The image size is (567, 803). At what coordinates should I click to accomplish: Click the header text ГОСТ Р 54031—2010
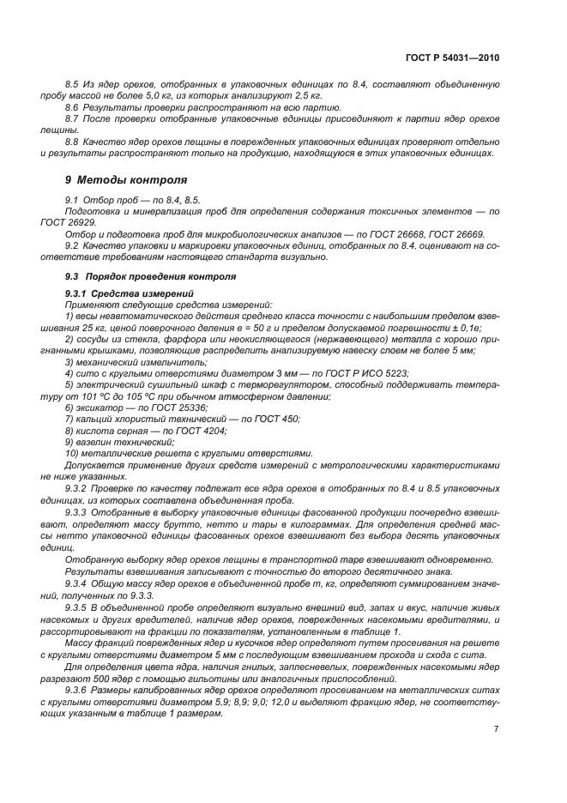[x=452, y=57]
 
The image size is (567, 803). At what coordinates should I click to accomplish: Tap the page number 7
[x=497, y=729]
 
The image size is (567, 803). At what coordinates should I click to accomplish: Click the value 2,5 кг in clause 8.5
[x=280, y=97]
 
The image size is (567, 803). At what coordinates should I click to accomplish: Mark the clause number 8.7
[x=73, y=119]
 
